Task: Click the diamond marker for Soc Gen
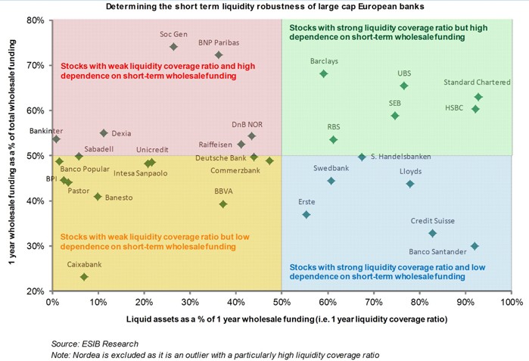point(173,46)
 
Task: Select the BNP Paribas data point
point(219,54)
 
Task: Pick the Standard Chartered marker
point(478,97)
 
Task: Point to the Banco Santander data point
point(475,246)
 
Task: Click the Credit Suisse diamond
point(432,233)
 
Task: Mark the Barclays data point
point(324,73)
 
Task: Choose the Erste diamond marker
point(306,215)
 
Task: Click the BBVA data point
point(222,204)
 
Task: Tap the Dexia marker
point(104,133)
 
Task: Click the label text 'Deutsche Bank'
point(220,157)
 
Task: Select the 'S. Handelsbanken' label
point(400,157)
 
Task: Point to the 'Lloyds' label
point(412,172)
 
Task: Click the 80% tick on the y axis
point(35,20)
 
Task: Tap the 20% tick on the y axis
point(35,291)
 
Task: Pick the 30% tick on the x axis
point(190,302)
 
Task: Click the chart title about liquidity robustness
point(265,7)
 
